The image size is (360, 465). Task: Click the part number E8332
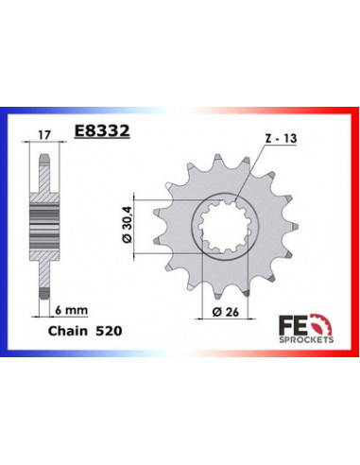click(x=102, y=130)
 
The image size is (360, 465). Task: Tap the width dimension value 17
click(x=44, y=135)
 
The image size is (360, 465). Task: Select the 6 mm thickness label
click(x=71, y=310)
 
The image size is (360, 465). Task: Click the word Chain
click(x=68, y=331)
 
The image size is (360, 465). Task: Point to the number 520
click(x=109, y=331)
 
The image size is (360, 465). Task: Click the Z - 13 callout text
click(x=281, y=138)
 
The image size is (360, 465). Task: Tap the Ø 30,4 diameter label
click(x=127, y=226)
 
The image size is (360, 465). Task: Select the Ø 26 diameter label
click(x=226, y=312)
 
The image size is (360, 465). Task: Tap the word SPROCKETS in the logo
click(x=306, y=339)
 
